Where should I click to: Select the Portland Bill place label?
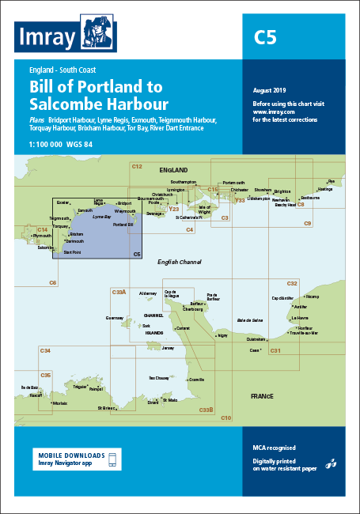(x=123, y=225)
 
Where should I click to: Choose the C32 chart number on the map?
(x=292, y=283)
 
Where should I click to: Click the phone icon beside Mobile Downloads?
(x=112, y=460)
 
